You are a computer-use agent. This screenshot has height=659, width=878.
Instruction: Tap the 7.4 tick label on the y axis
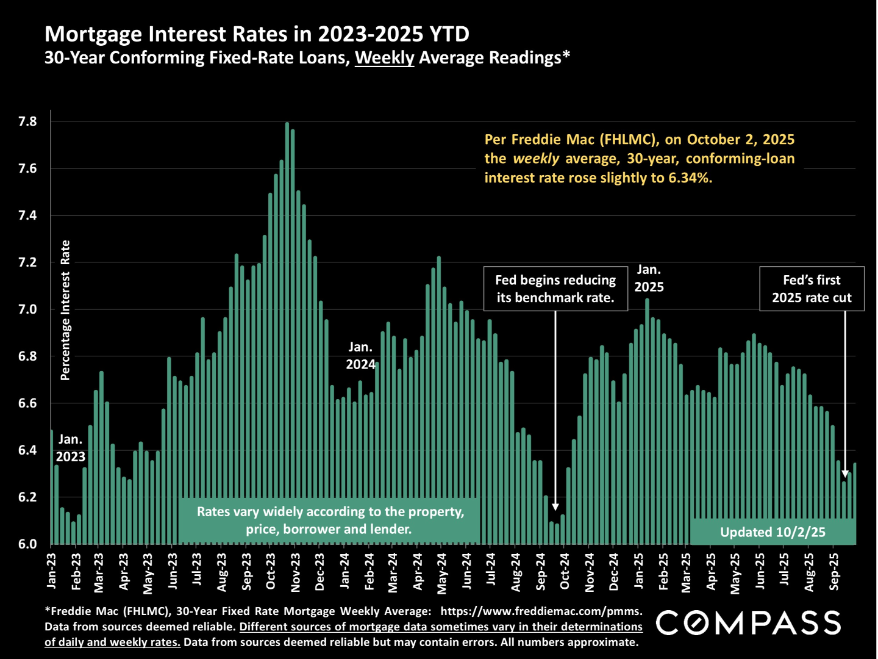[27, 215]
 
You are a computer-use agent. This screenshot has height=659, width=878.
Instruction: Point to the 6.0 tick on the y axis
[27, 544]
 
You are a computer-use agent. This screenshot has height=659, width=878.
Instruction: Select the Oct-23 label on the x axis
[271, 572]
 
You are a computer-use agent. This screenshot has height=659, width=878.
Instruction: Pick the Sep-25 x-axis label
[834, 572]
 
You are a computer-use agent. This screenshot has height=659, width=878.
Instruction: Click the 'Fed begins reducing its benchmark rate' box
[555, 289]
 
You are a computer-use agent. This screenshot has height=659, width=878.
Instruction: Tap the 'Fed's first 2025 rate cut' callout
[812, 289]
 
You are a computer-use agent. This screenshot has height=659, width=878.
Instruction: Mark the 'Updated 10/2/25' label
[773, 532]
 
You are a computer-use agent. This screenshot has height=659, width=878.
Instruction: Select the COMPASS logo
[749, 623]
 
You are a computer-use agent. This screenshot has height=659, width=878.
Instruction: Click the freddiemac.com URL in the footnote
[541, 611]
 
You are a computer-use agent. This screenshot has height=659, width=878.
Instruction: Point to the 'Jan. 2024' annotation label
[360, 356]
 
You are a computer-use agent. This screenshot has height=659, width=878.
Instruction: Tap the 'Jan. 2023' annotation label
[71, 448]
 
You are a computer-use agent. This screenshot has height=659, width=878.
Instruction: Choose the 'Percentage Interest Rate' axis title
[65, 310]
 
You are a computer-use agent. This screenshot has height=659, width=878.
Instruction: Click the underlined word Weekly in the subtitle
[384, 58]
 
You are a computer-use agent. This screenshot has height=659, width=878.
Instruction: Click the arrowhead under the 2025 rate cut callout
[845, 474]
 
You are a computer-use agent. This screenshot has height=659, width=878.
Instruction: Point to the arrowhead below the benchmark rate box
[555, 506]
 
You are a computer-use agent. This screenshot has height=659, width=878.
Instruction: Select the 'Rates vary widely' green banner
[329, 520]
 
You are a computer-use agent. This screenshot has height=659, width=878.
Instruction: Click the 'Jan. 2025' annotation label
[649, 278]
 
